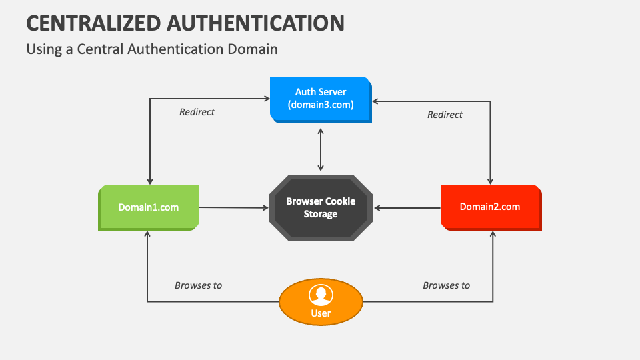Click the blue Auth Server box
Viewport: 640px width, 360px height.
321,99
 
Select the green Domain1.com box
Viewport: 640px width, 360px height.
149,207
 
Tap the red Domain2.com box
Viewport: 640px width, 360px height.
491,207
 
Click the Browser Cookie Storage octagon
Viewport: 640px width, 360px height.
321,207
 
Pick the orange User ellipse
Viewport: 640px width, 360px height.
321,302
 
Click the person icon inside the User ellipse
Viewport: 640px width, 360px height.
321,294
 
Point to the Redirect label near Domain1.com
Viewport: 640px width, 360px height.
197,112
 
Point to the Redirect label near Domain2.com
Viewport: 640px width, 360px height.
445,115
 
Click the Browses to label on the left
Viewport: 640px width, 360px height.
198,285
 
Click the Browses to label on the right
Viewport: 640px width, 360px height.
446,285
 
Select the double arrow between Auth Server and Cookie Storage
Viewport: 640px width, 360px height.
321,149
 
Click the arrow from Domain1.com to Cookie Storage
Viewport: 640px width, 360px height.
233,207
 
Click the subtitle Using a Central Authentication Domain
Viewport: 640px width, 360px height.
151,49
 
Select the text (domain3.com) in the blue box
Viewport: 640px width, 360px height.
321,105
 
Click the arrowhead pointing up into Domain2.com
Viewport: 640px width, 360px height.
493,235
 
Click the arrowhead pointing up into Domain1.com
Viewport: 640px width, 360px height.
147,235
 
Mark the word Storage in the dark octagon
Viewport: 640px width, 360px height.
321,214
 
